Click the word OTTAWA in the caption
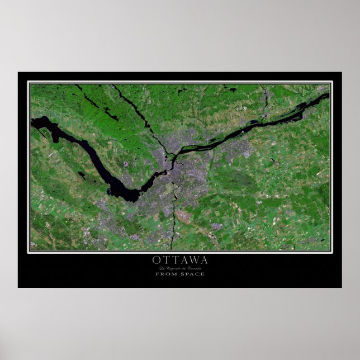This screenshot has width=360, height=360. tap(179, 260)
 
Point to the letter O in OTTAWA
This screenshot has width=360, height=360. tap(155, 260)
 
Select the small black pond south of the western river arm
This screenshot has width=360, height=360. tap(82, 176)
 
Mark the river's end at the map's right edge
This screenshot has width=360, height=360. tap(328, 95)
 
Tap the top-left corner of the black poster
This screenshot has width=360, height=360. tap(18, 73)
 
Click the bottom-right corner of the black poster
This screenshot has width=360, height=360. tap(341, 287)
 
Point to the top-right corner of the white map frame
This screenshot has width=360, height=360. tap(331, 83)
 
